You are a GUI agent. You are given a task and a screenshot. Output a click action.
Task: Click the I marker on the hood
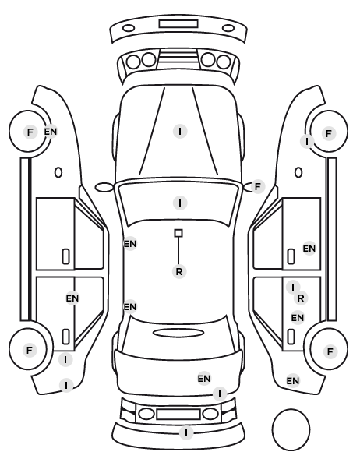[x=180, y=131]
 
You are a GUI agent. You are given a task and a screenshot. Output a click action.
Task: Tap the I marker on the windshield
[x=180, y=203]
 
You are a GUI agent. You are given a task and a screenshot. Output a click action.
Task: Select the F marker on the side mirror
[x=258, y=187]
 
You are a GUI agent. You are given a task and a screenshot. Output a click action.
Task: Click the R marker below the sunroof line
[x=179, y=271]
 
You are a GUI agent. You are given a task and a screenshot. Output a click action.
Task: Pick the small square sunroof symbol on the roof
[x=178, y=233]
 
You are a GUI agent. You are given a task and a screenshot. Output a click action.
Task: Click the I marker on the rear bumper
[x=186, y=432]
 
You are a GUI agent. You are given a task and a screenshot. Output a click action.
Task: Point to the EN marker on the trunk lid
[x=204, y=379]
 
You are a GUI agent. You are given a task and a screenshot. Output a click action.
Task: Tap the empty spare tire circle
[x=291, y=429]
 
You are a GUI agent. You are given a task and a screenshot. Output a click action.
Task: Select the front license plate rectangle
[x=178, y=24]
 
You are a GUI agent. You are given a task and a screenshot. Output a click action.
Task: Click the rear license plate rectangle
[x=178, y=414]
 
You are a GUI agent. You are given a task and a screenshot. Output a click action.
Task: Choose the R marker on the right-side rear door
[x=301, y=298]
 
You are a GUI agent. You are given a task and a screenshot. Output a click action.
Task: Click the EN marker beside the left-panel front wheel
[x=51, y=132]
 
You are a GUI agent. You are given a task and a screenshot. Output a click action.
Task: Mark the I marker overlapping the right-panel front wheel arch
[x=307, y=142]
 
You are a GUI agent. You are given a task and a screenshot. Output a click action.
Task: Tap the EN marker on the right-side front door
[x=309, y=248]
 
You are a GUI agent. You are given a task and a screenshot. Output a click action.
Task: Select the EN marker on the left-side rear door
[x=72, y=298]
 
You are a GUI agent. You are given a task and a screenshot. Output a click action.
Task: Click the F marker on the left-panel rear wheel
[x=30, y=350]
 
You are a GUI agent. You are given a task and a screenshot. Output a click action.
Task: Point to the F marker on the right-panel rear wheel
[x=330, y=352]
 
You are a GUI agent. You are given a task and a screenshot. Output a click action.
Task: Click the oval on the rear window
[x=178, y=333]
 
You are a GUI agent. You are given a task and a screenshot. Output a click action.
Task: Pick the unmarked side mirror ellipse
[x=104, y=187]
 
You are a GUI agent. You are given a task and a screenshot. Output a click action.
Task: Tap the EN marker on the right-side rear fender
[x=292, y=381]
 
